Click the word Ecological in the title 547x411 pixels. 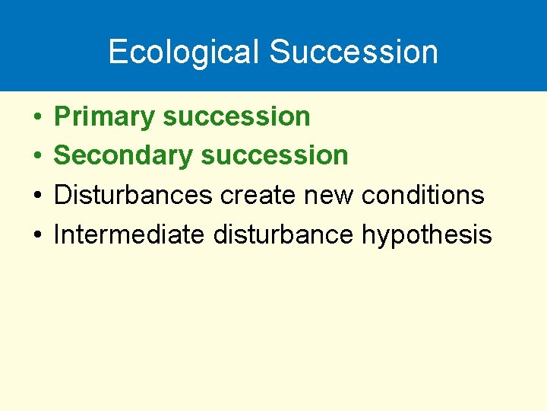point(185,52)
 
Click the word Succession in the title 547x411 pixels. point(353,52)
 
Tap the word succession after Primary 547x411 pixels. point(236,116)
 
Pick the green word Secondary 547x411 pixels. point(124,155)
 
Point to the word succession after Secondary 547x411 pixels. point(274,155)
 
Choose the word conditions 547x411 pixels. point(422,195)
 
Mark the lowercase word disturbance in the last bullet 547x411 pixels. point(283,234)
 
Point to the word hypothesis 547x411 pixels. point(427,235)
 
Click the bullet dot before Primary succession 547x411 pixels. point(36,117)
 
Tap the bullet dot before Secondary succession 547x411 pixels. point(36,156)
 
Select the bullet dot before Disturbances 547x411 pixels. point(36,196)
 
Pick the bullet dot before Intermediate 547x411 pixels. point(36,235)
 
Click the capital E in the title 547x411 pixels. point(117,52)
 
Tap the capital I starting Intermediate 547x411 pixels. point(57,234)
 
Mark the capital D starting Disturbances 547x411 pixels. point(62,195)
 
